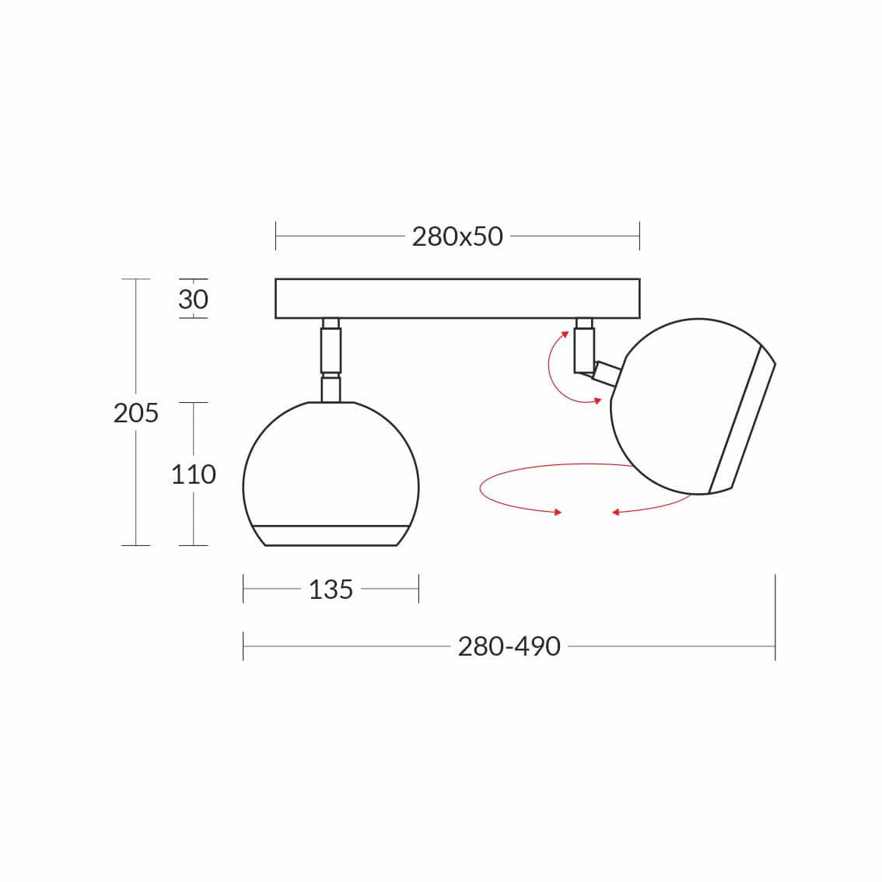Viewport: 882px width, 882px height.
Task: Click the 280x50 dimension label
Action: [x=457, y=236]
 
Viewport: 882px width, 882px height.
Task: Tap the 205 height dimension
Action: [x=136, y=414]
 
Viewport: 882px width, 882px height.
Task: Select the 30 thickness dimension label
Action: [x=194, y=299]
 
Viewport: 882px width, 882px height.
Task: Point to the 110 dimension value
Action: [x=194, y=474]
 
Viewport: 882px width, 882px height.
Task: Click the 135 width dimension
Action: [x=331, y=590]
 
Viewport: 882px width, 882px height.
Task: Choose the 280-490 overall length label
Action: [x=509, y=647]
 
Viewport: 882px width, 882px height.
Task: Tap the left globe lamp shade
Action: [x=331, y=474]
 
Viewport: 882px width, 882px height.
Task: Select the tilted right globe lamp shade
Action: [x=693, y=407]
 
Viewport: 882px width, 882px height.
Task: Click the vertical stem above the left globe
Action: [x=331, y=360]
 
